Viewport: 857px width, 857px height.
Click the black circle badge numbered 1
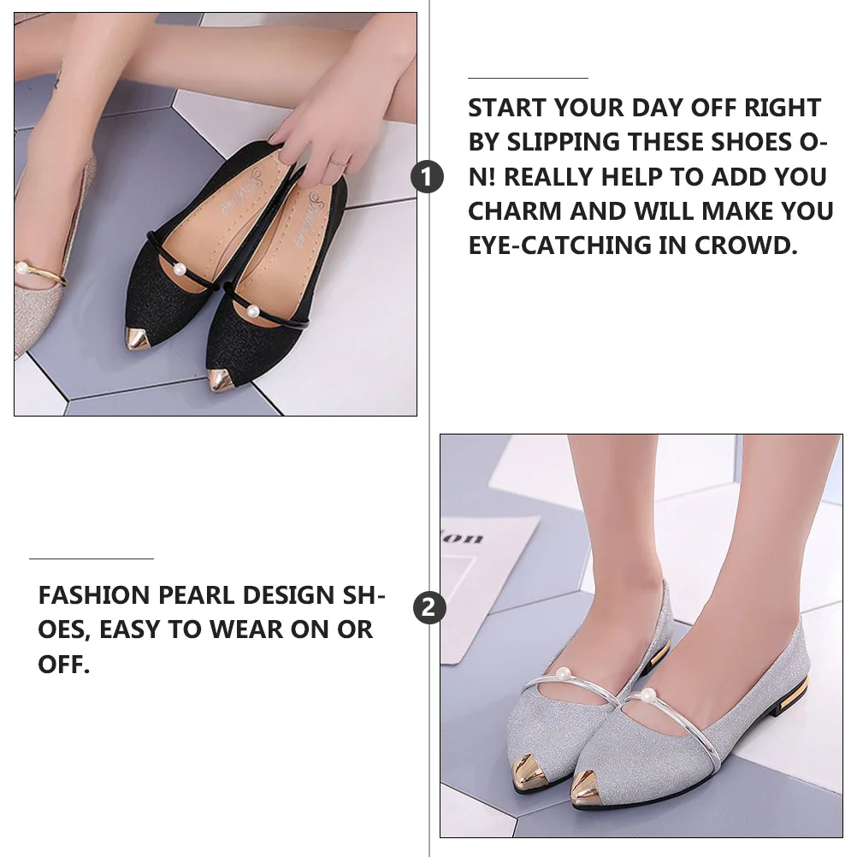point(428,177)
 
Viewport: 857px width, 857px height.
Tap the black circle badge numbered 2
point(429,608)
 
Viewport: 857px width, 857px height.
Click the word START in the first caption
point(506,109)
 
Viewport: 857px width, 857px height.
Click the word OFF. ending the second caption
point(64,665)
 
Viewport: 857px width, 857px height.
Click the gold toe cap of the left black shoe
point(139,338)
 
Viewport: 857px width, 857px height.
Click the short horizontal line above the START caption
point(528,79)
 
